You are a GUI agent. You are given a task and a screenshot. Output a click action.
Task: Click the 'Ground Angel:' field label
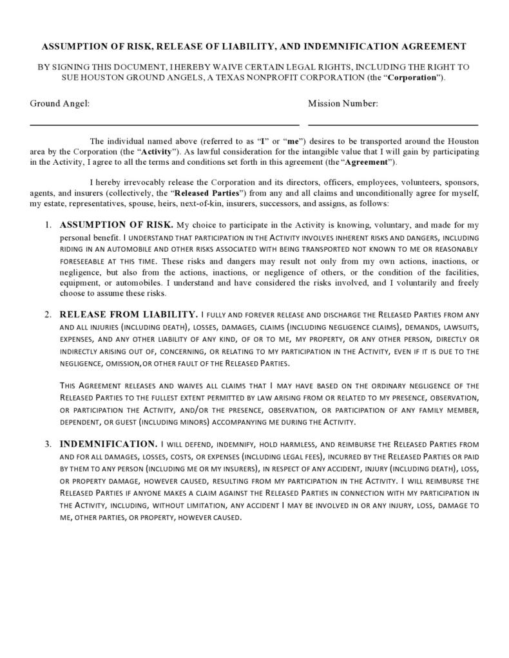point(59,103)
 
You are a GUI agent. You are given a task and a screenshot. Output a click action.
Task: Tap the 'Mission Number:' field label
point(343,103)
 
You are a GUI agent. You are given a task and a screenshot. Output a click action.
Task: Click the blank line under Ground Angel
point(164,124)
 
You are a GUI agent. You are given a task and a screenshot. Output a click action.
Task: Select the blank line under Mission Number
point(393,124)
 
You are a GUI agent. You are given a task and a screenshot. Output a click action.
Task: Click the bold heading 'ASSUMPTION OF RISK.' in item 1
point(116,225)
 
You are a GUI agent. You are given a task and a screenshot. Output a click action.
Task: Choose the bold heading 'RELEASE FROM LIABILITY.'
point(128,314)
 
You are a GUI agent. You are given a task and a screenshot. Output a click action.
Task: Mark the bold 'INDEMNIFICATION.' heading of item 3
point(108,444)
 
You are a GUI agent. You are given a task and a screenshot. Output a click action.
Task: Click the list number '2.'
point(48,315)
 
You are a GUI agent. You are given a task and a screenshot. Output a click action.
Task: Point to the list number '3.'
point(48,444)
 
